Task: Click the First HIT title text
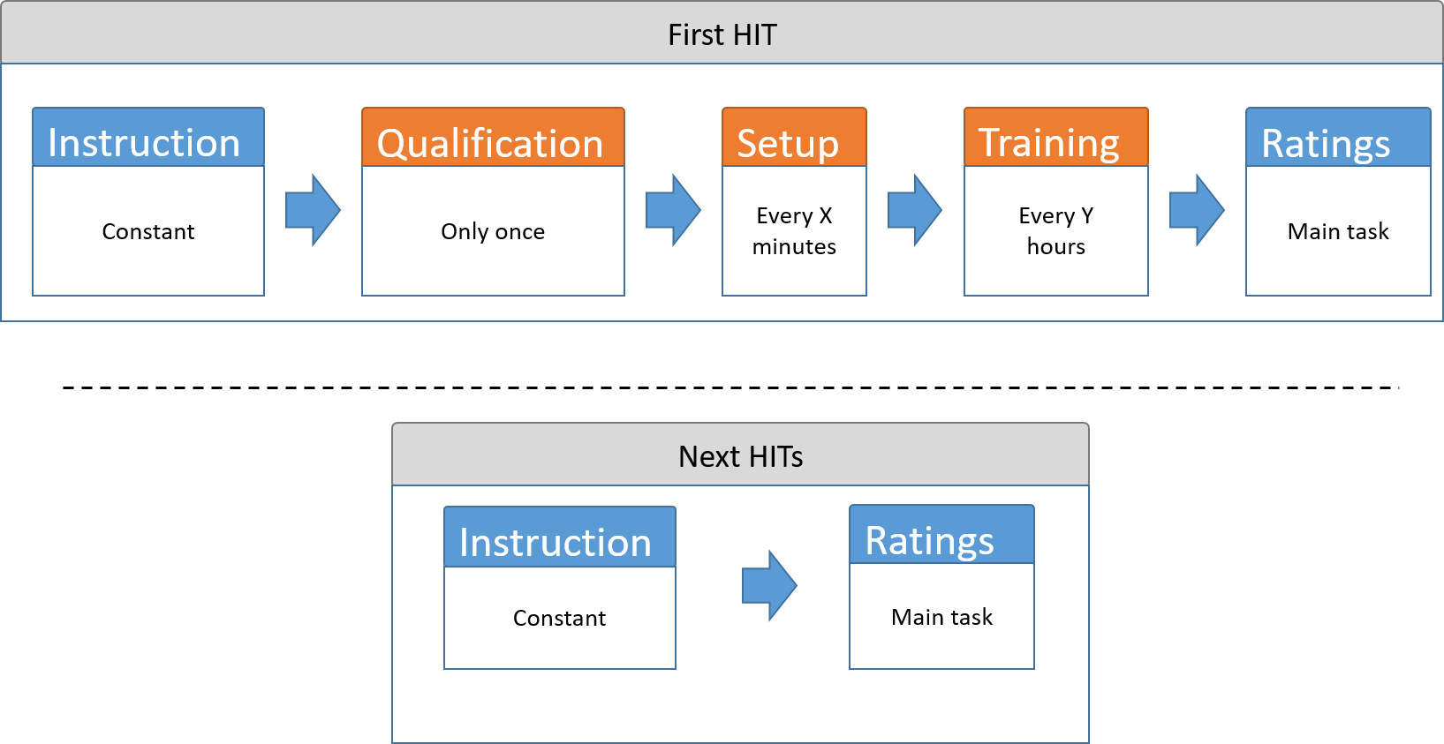(x=722, y=34)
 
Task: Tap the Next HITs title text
(x=741, y=456)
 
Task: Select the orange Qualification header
(x=493, y=137)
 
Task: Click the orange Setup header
(x=794, y=137)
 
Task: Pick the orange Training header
(x=1056, y=137)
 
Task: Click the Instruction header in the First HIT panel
(x=148, y=137)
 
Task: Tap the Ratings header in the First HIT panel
(x=1338, y=137)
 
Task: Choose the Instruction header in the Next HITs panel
(x=560, y=537)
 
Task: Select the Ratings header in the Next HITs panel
(x=941, y=534)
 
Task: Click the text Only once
(x=493, y=231)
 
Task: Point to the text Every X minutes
(x=794, y=230)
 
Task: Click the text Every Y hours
(x=1056, y=230)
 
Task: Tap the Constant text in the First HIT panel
(x=148, y=231)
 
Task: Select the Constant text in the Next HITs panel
(x=560, y=618)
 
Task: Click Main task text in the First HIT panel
(x=1338, y=231)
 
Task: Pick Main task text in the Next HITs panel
(x=941, y=617)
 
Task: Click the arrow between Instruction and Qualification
(x=314, y=210)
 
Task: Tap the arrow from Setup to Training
(x=915, y=210)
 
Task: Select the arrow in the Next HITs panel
(x=770, y=585)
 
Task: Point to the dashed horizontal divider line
(x=731, y=387)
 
